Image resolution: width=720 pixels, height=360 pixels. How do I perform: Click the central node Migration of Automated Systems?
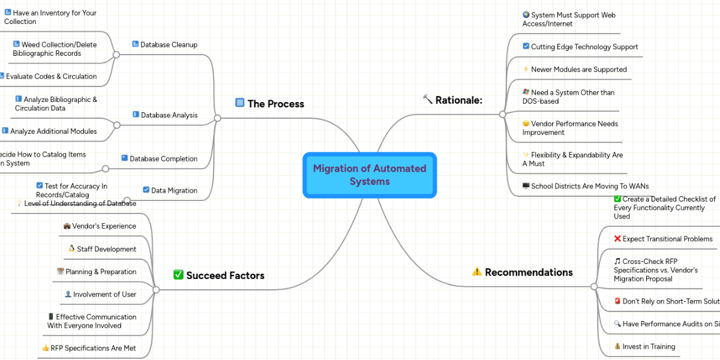pyautogui.click(x=370, y=175)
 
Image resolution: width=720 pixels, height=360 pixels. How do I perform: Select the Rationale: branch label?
pyautogui.click(x=458, y=100)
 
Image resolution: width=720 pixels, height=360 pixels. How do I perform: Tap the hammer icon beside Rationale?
pyautogui.click(x=428, y=99)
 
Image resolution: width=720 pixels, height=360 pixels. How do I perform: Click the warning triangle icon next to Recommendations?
pyautogui.click(x=477, y=272)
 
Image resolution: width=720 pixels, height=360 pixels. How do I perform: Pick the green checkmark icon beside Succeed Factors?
pyautogui.click(x=178, y=275)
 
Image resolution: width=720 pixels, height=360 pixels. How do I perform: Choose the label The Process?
pyautogui.click(x=275, y=104)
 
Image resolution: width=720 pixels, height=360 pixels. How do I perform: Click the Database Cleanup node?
pyautogui.click(x=169, y=44)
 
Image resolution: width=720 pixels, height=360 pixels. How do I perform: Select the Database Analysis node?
pyautogui.click(x=169, y=115)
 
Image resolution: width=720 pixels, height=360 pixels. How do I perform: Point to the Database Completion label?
pyautogui.click(x=163, y=158)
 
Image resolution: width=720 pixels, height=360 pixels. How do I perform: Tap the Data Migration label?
pyautogui.click(x=174, y=190)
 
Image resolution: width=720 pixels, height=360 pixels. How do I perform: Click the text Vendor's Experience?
pyautogui.click(x=104, y=226)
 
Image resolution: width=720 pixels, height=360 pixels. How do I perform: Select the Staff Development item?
pyautogui.click(x=106, y=249)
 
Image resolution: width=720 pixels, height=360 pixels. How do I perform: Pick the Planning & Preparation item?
pyautogui.click(x=101, y=272)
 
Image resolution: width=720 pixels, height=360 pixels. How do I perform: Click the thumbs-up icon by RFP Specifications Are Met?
pyautogui.click(x=46, y=348)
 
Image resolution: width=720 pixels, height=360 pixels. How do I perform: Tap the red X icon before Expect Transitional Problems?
pyautogui.click(x=617, y=239)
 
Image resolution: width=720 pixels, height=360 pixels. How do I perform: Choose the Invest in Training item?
pyautogui.click(x=649, y=346)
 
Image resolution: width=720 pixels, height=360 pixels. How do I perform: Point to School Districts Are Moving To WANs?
pyautogui.click(x=590, y=186)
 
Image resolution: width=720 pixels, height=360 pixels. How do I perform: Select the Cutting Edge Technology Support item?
pyautogui.click(x=584, y=46)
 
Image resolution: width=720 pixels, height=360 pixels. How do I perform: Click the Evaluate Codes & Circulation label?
pyautogui.click(x=51, y=76)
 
